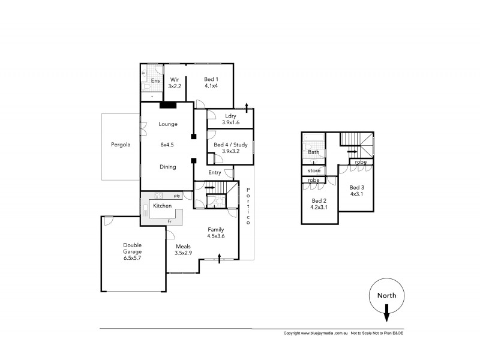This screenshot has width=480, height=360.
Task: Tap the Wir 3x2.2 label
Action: pyautogui.click(x=175, y=83)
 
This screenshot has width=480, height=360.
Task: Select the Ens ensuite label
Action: pyautogui.click(x=155, y=80)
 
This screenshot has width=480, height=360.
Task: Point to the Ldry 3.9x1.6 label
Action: pyautogui.click(x=230, y=119)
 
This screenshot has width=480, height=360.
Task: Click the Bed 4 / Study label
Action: pyautogui.click(x=231, y=148)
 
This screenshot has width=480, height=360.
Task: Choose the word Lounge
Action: pyautogui.click(x=168, y=124)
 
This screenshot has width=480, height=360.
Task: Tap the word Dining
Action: pyautogui.click(x=168, y=167)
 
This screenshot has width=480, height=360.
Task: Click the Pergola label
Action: pyautogui.click(x=121, y=145)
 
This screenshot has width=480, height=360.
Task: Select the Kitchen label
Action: pyautogui.click(x=163, y=206)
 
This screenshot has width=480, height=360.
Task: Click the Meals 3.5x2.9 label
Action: pyautogui.click(x=184, y=250)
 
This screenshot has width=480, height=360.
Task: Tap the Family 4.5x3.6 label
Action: pyautogui.click(x=216, y=233)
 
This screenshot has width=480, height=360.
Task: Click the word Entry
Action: pyautogui.click(x=215, y=173)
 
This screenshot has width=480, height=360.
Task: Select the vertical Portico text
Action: pyautogui.click(x=248, y=206)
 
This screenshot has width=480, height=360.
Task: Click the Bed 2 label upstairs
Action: pyautogui.click(x=318, y=204)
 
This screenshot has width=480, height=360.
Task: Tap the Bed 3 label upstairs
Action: pyautogui.click(x=357, y=190)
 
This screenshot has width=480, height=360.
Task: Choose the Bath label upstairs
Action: pyautogui.click(x=313, y=152)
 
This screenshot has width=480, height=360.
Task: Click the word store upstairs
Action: pyautogui.click(x=313, y=170)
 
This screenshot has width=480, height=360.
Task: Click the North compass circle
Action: pyautogui.click(x=386, y=295)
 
